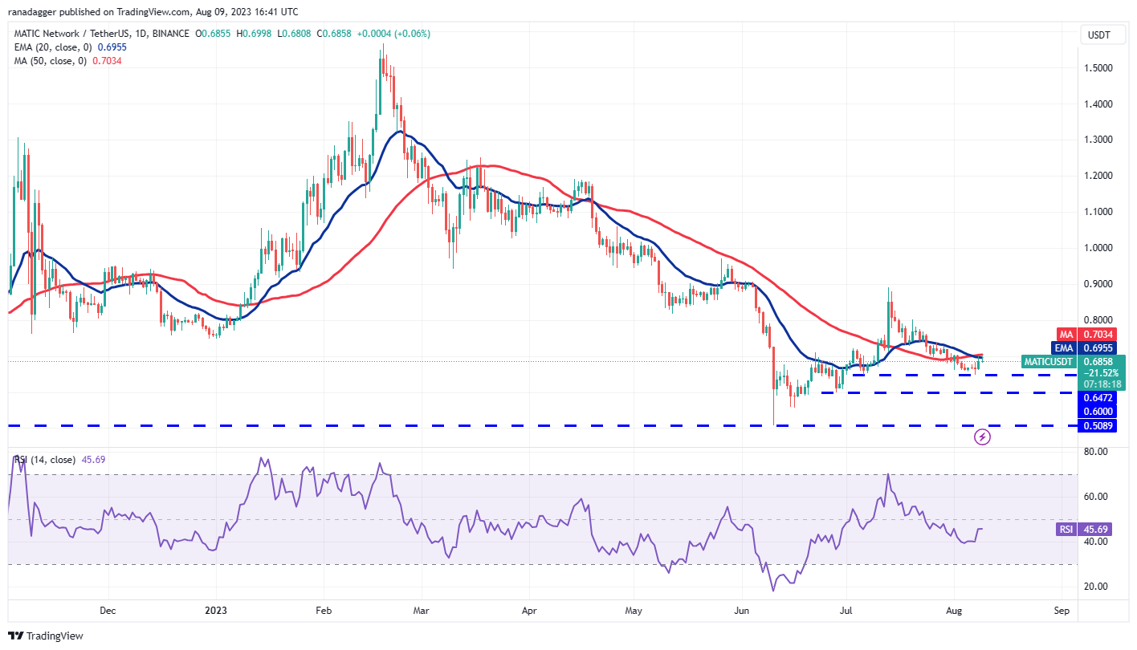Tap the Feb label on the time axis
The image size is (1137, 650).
coord(323,610)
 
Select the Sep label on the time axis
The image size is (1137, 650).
coord(1061,610)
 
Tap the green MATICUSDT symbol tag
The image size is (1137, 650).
coord(1049,362)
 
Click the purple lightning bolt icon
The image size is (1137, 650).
coord(982,437)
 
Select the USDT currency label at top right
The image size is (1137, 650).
coord(1098,35)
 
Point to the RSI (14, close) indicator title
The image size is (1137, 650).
coord(45,460)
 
